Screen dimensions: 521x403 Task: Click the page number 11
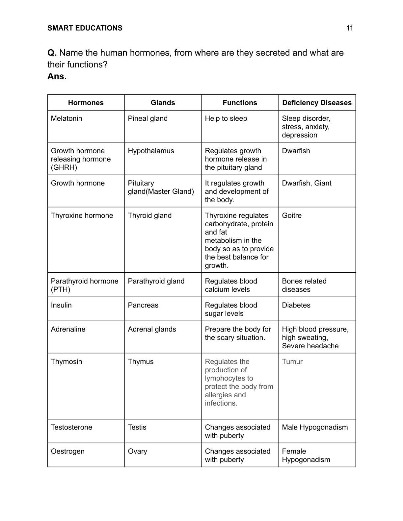[349, 28]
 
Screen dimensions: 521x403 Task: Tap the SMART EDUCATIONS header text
[85, 28]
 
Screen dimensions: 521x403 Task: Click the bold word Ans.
[57, 76]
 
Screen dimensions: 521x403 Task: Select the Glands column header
[163, 103]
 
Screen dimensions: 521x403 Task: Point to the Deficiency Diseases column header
[317, 103]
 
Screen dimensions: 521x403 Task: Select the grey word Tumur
[292, 361]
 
